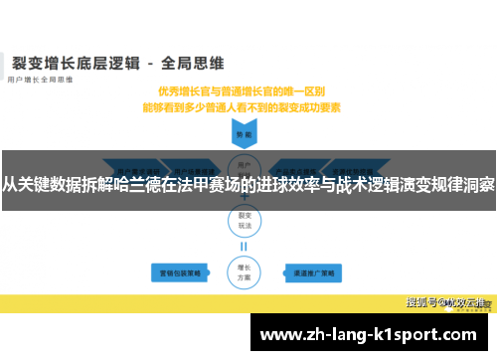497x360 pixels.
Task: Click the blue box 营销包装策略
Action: click(176, 270)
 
